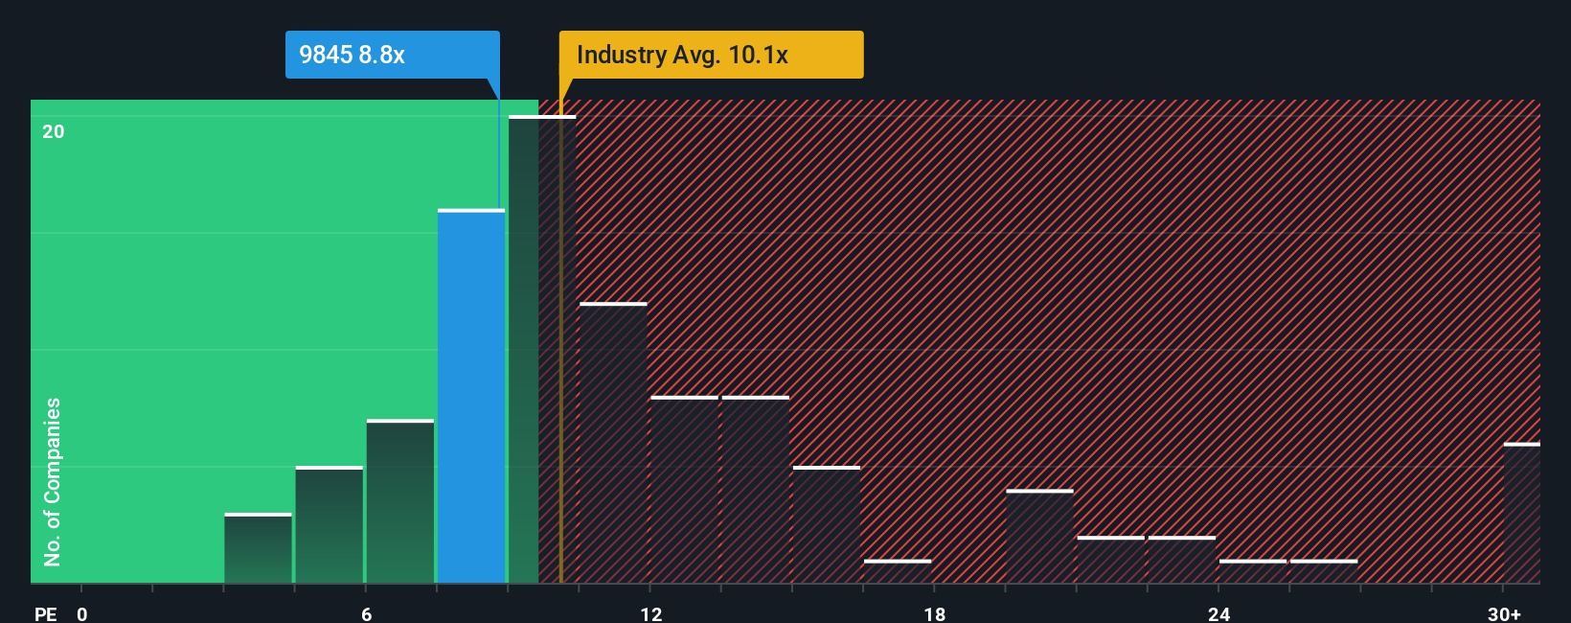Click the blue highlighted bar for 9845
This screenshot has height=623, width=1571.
(471, 396)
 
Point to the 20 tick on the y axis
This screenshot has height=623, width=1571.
(54, 131)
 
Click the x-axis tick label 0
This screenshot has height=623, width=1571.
(82, 614)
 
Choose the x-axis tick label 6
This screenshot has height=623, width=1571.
(366, 614)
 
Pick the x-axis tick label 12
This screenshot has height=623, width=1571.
(650, 614)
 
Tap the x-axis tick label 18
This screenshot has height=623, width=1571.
(934, 614)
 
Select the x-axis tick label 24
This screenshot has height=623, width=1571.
(1218, 614)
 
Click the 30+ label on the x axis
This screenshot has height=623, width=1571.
(1503, 614)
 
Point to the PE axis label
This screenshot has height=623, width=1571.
(45, 614)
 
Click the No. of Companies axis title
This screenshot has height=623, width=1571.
(53, 481)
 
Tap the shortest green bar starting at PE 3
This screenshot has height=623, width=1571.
(259, 549)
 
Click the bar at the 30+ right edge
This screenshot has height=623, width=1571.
(1522, 514)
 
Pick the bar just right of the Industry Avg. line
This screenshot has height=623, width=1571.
(613, 443)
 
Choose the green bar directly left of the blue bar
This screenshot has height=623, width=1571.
(400, 501)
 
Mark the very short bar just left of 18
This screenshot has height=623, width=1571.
(898, 571)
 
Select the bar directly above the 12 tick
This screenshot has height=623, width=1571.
(684, 490)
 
